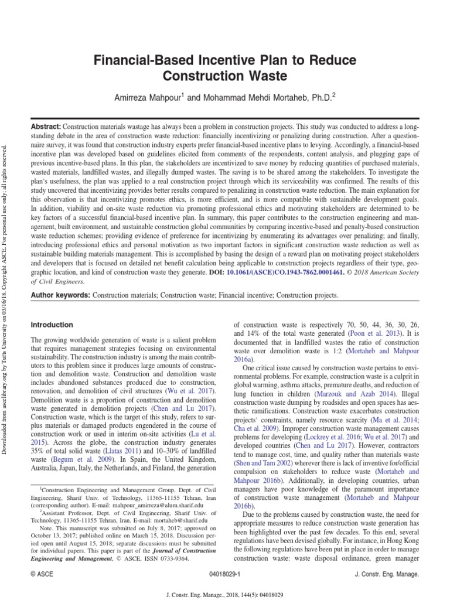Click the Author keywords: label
(60, 296)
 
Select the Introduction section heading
(52, 325)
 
